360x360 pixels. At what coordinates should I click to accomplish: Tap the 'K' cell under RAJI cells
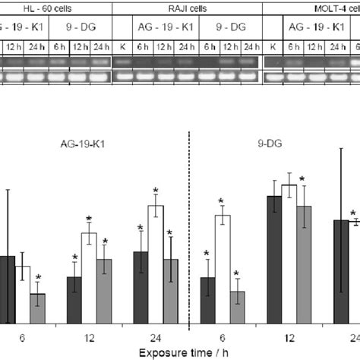(122, 47)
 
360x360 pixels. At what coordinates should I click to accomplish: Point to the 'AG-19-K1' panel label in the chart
(81, 141)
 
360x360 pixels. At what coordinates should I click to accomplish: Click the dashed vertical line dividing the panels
(188, 228)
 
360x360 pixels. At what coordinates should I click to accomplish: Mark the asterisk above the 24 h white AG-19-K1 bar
(156, 191)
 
